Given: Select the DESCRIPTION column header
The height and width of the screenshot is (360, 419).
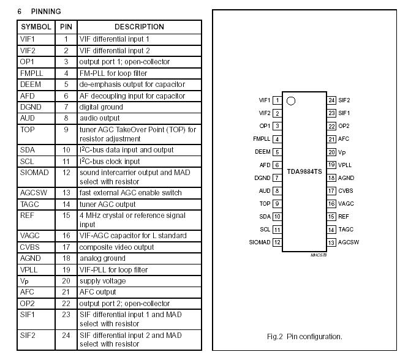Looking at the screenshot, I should click(139, 27).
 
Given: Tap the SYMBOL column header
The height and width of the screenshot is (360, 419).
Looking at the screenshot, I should click(36, 27).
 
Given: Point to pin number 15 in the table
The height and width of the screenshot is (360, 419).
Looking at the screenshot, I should click(66, 216).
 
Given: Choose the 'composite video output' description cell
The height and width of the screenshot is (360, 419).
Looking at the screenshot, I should click(116, 247).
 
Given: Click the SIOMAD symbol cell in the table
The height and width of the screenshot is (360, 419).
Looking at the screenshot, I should click(34, 173).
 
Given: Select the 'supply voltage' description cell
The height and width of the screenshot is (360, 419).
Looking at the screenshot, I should click(102, 281).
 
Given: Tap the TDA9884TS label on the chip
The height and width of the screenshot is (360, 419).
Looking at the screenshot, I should click(304, 172).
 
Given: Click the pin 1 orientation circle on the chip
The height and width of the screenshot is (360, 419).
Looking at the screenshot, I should click(291, 101).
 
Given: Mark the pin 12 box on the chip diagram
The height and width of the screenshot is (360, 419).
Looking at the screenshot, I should click(277, 242).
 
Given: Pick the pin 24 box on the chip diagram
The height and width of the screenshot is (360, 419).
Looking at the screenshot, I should click(331, 100).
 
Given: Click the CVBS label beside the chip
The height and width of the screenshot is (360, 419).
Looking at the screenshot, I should click(345, 191).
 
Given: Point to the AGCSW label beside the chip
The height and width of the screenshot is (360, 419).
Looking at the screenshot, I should click(349, 242).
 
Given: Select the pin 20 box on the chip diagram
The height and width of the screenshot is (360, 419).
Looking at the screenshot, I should click(331, 152).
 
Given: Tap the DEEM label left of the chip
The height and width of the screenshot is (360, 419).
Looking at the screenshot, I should click(262, 152).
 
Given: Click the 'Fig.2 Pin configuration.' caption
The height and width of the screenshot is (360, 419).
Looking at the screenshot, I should click(304, 336).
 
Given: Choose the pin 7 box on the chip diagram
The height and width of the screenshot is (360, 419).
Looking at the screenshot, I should click(277, 178).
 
